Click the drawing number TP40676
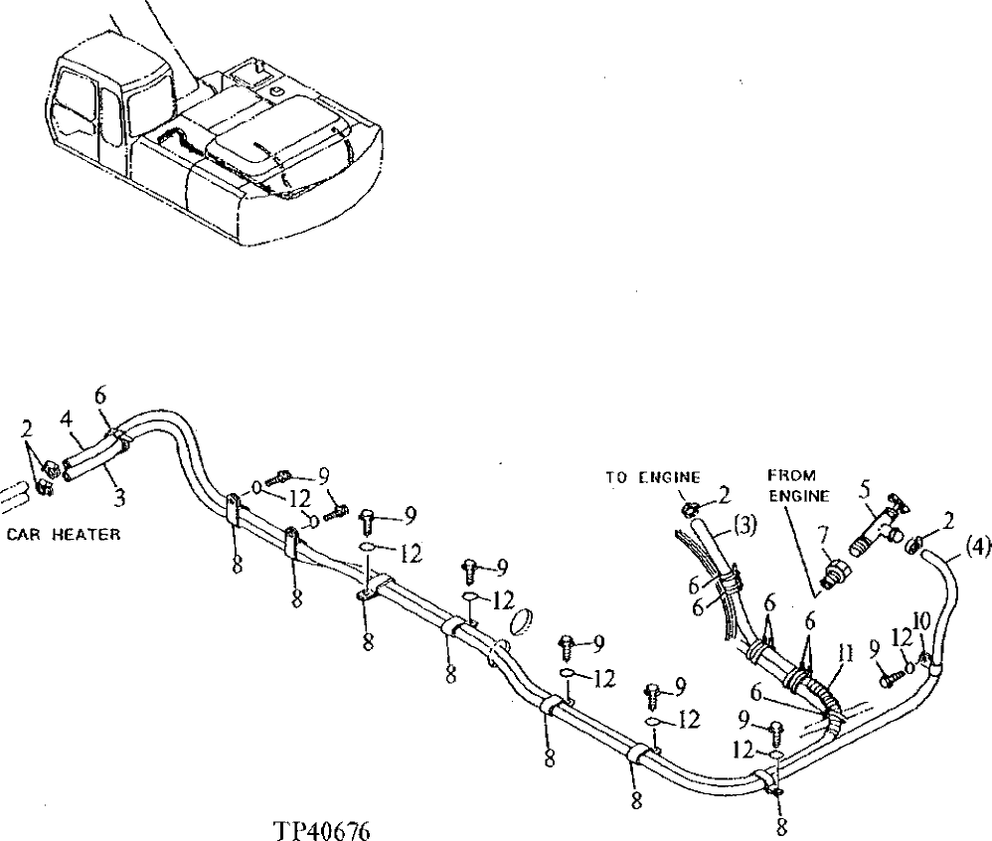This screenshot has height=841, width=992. (317, 829)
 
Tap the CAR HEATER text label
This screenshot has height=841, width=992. (63, 534)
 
